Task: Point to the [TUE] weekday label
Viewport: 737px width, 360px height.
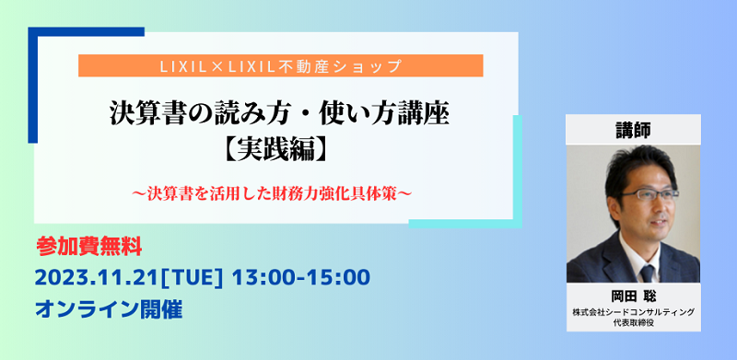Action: pos(215,277)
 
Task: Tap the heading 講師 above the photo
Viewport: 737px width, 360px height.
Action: pos(633,132)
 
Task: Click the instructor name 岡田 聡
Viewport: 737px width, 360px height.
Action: pos(633,298)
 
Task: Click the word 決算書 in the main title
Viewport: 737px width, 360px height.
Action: pos(139,116)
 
